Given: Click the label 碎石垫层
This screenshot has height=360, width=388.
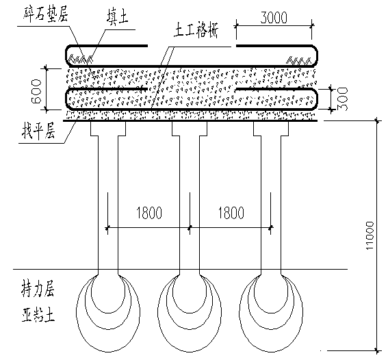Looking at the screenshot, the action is tap(46, 14).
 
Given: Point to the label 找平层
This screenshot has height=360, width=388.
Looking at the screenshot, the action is tap(38, 131).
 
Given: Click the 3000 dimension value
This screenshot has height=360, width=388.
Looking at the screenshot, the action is tap(274, 18).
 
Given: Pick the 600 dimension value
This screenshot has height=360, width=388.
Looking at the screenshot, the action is tap(36, 92).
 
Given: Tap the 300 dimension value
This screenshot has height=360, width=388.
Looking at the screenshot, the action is tap(343, 99).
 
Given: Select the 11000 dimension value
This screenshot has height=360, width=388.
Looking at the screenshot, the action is tap(370, 235).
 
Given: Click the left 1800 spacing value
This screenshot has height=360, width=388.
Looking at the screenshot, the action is tap(149, 213).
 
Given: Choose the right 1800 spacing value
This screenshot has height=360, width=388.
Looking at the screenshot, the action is tap(231, 213).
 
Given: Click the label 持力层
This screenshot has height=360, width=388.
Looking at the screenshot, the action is tap(38, 289).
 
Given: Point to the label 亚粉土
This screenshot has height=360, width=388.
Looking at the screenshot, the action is tap(38, 313).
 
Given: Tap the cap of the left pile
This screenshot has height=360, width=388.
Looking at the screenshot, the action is tap(108, 129).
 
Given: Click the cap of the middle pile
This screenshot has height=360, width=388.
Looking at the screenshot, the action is tap(190, 129).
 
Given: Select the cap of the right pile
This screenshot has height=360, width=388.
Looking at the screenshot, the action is tap(271, 129).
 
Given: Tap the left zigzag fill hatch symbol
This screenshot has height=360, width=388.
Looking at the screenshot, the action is tap(81, 59).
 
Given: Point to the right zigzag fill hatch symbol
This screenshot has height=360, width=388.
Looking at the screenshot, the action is tap(298, 60).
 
